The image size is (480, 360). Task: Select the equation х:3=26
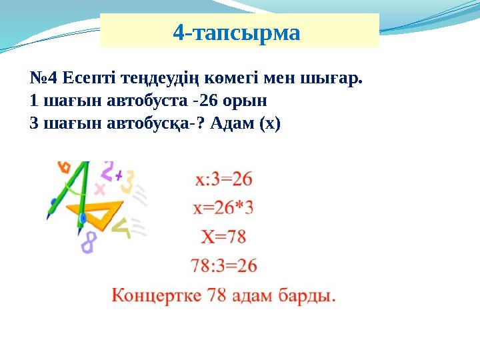(x=223, y=179)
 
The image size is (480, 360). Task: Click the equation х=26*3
(x=223, y=208)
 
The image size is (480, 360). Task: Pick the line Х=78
(x=223, y=237)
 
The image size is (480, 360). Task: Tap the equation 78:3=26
(x=223, y=266)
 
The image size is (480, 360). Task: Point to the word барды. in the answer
(x=311, y=295)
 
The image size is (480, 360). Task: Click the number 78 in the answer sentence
(x=220, y=295)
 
